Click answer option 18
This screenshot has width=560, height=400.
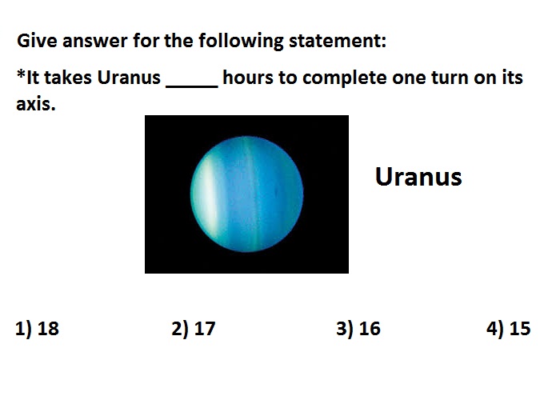coord(37,329)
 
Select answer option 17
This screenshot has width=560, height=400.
coord(194,329)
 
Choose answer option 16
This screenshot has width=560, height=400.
coord(358,329)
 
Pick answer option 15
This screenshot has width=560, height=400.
coord(509,329)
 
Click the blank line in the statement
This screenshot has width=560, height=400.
coord(192,86)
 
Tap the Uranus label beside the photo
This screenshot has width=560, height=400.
coord(418,177)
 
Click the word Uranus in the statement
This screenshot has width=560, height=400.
coord(129,78)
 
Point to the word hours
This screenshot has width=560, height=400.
coord(248,78)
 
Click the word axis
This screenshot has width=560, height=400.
coord(36,104)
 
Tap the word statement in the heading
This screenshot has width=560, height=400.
coord(338,40)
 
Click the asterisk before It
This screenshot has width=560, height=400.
coord(21,74)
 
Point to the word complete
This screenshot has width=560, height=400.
coord(344,78)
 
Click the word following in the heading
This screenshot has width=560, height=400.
coord(241,41)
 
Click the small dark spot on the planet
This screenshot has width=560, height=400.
coord(276,193)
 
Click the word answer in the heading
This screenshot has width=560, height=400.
coord(95,41)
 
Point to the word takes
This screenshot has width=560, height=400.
coord(68,78)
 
